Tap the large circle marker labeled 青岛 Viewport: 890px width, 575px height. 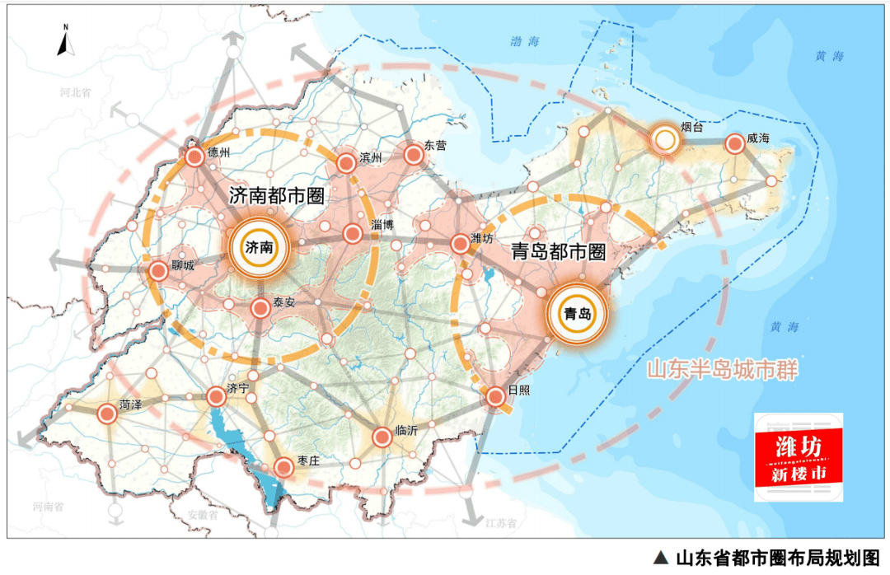click(x=577, y=313)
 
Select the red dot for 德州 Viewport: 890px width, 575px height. click(x=194, y=157)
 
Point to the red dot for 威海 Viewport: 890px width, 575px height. click(x=734, y=144)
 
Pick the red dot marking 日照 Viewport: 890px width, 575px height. click(x=495, y=397)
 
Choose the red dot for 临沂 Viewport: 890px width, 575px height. click(x=382, y=437)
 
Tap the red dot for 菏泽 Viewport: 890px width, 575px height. click(x=107, y=414)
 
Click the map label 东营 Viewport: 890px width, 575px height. click(x=435, y=145)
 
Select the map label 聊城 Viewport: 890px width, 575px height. click(x=182, y=266)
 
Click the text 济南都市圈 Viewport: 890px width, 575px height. click(x=275, y=196)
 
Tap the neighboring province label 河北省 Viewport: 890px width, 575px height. click(x=74, y=93)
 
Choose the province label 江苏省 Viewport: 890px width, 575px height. click(x=499, y=522)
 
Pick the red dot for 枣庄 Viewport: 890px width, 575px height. click(x=283, y=468)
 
